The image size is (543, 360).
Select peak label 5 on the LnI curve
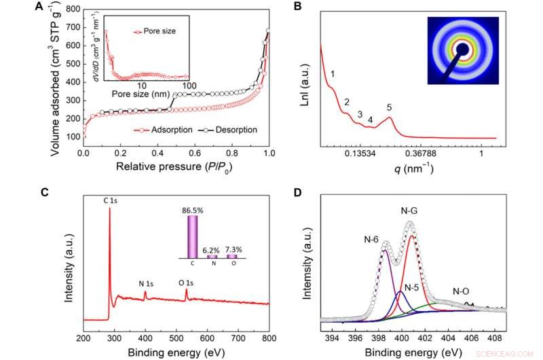click(x=389, y=107)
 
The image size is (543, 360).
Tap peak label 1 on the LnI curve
click(x=333, y=73)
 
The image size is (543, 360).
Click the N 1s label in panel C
click(x=145, y=283)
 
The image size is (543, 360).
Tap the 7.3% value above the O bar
click(x=233, y=250)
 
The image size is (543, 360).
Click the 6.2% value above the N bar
click(x=212, y=251)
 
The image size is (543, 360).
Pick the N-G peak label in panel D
click(x=411, y=211)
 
